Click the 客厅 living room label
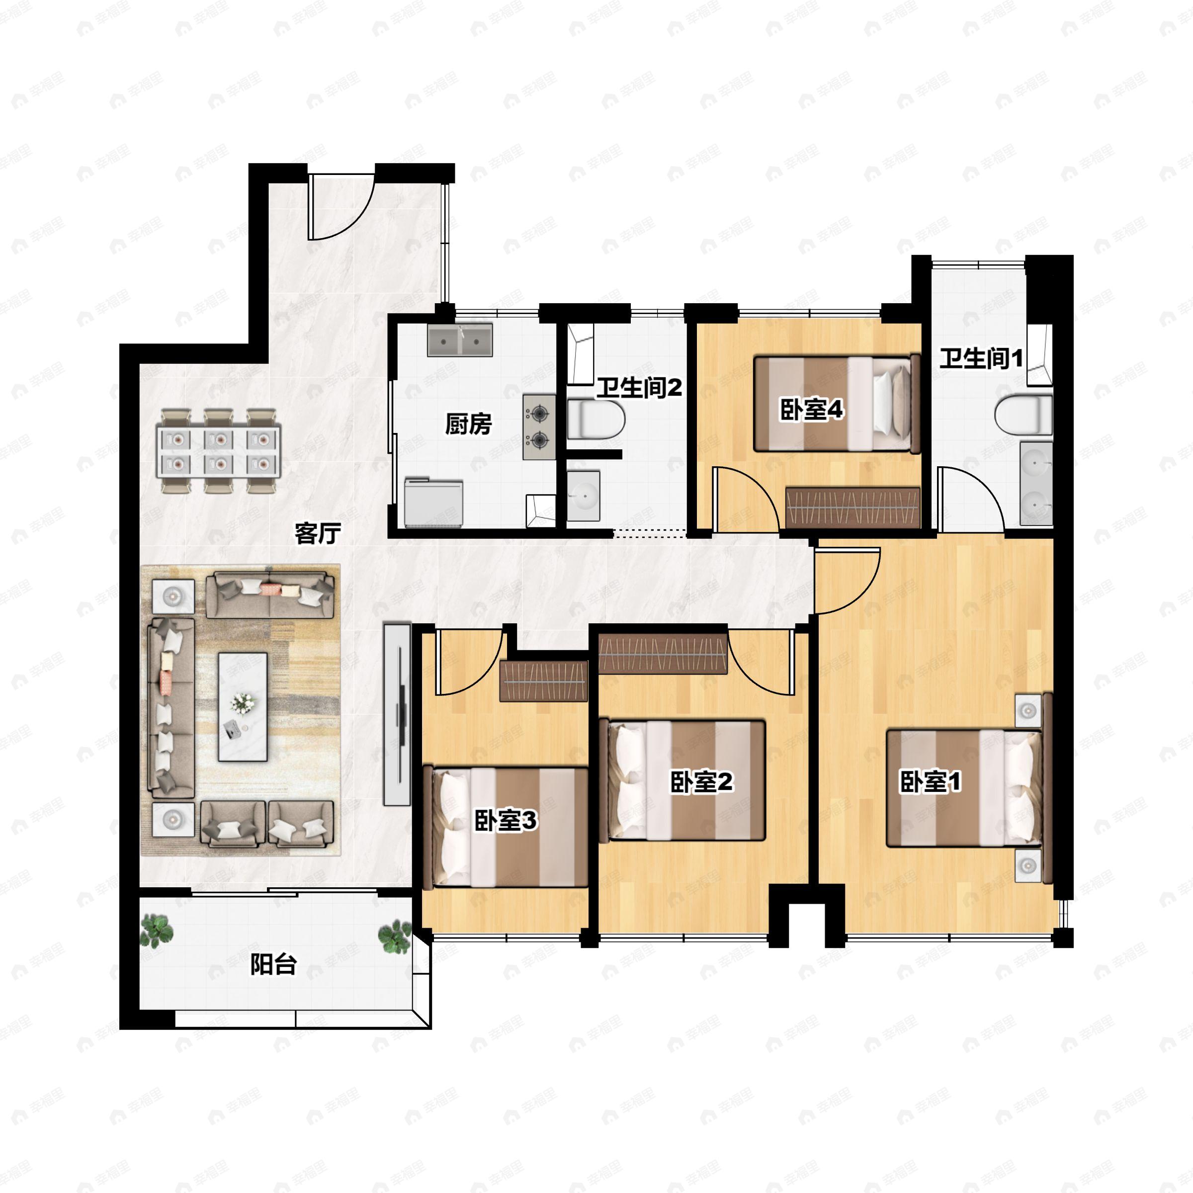tap(318, 533)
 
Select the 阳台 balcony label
tap(273, 964)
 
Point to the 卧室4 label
tap(811, 410)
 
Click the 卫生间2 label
tap(639, 388)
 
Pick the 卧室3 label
tap(506, 820)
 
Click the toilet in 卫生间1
tap(1023, 415)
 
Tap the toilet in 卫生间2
tap(596, 419)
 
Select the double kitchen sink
tap(460, 340)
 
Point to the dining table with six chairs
tap(219, 451)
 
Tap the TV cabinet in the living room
tap(397, 714)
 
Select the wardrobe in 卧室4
tap(853, 508)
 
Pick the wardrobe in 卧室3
tap(543, 681)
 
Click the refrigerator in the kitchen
tap(433, 502)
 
